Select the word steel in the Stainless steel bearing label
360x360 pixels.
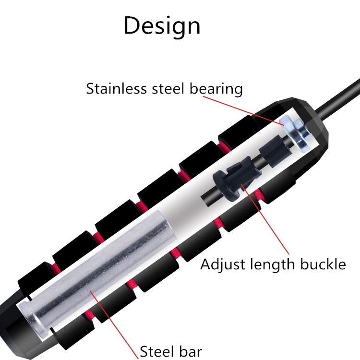click(167, 89)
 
